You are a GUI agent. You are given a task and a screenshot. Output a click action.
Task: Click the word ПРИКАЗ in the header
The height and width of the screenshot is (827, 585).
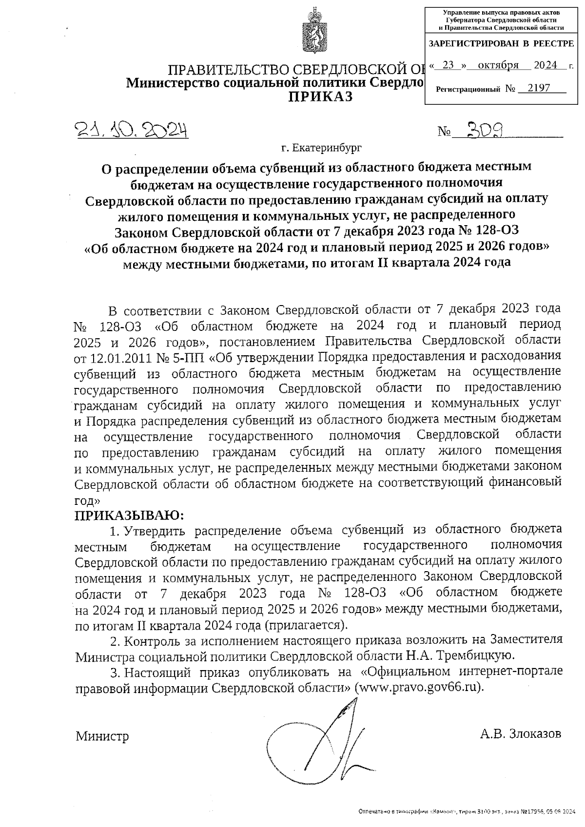[321, 96]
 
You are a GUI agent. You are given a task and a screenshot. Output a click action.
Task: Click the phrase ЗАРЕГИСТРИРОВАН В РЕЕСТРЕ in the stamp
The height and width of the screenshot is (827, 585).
[501, 44]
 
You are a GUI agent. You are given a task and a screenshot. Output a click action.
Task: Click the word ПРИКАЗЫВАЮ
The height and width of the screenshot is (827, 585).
[130, 515]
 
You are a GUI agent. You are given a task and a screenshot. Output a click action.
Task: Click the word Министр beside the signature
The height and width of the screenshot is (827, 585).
[102, 736]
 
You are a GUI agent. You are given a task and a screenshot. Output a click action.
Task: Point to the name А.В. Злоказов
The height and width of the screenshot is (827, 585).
[520, 733]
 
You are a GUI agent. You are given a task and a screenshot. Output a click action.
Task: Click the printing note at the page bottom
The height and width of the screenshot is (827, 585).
[468, 812]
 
